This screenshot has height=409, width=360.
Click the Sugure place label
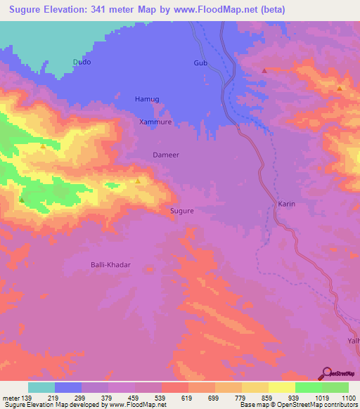point(181,210)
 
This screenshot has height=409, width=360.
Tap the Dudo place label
point(82,62)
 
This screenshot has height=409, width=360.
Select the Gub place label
point(201,63)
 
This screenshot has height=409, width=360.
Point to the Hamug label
point(148,100)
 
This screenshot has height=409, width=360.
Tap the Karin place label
point(286,204)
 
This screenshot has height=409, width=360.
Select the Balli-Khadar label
point(111,265)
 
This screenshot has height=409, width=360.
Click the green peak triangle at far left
point(22,200)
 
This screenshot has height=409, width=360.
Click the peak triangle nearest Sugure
point(138,181)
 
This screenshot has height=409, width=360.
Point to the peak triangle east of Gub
point(264,70)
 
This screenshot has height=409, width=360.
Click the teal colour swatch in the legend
point(41,387)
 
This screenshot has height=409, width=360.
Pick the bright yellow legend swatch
point(281,387)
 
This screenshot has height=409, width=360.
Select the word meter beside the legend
point(11,397)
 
